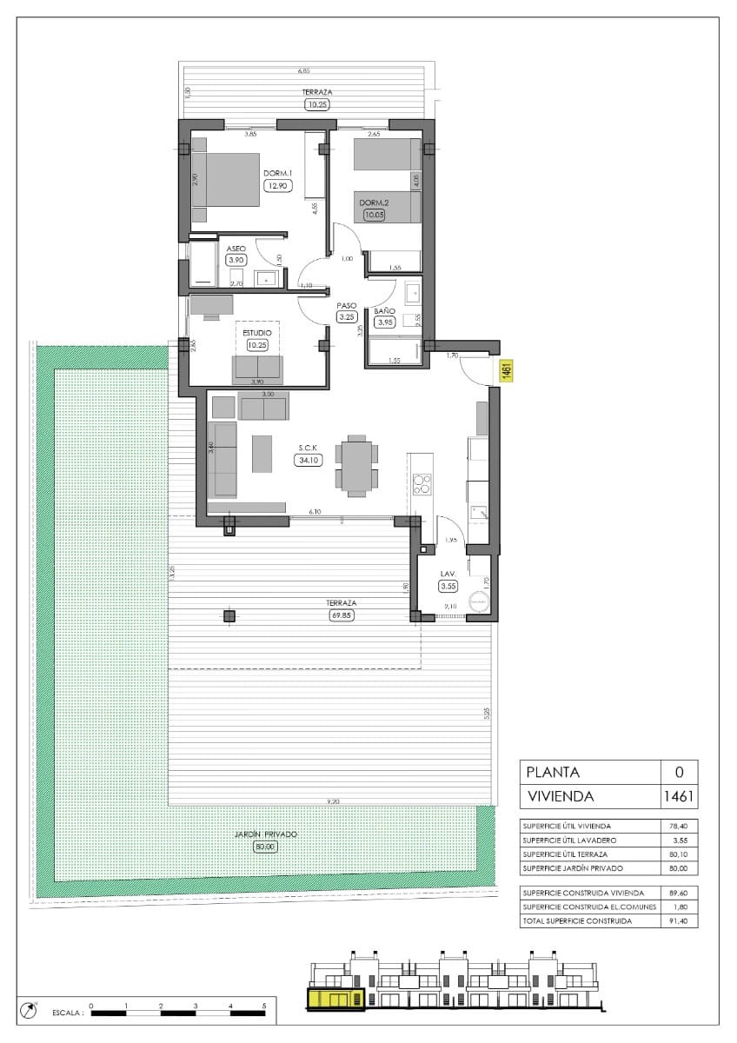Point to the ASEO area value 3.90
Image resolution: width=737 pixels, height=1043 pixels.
[x=236, y=259]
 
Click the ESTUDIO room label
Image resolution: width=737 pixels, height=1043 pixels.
[x=256, y=332]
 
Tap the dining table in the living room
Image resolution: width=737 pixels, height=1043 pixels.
[x=356, y=466]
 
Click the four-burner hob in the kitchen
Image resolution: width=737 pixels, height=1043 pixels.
[x=422, y=483]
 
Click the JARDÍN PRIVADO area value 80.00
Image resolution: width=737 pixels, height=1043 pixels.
[x=266, y=847]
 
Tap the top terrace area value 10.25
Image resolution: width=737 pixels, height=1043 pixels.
[x=317, y=104]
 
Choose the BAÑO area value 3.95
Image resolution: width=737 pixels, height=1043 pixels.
[x=385, y=322]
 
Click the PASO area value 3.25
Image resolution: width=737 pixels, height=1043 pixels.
[x=347, y=317]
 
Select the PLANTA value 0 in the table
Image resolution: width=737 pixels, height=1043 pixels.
[x=679, y=771]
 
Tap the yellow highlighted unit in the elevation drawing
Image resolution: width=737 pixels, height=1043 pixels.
[x=334, y=998]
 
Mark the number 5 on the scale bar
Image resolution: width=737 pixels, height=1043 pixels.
[x=263, y=1005]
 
